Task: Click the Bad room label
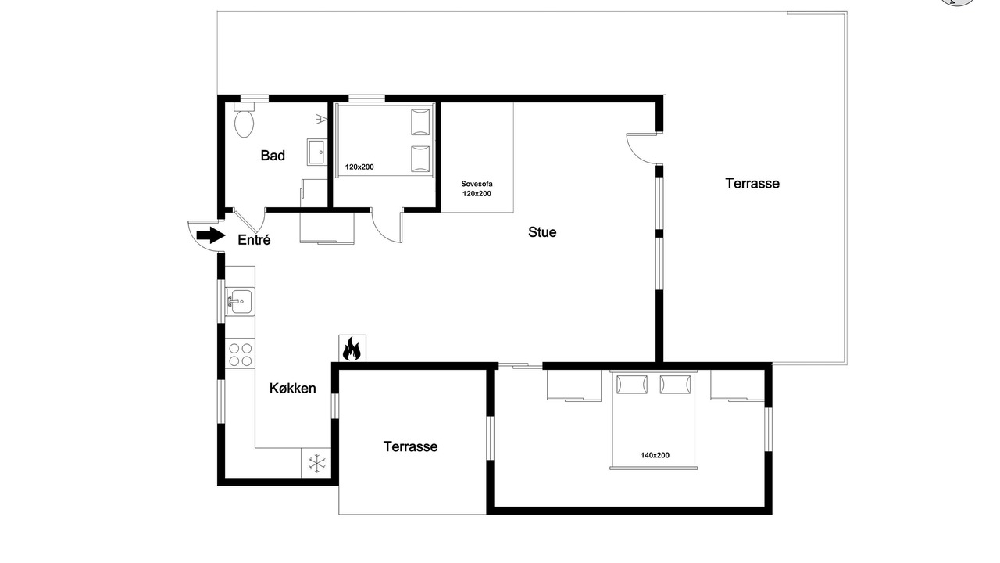pyautogui.click(x=273, y=156)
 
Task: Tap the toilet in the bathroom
pyautogui.click(x=244, y=120)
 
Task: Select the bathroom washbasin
pyautogui.click(x=317, y=152)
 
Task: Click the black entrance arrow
pyautogui.click(x=211, y=235)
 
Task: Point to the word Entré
pyautogui.click(x=254, y=240)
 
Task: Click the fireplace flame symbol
pyautogui.click(x=352, y=349)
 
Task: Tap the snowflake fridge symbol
pyautogui.click(x=316, y=464)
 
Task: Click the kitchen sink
pyautogui.click(x=240, y=302)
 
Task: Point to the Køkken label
pyautogui.click(x=292, y=389)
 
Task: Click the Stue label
pyautogui.click(x=542, y=232)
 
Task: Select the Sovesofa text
pyautogui.click(x=477, y=184)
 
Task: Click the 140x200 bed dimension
pyautogui.click(x=655, y=455)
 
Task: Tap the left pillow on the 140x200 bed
pyautogui.click(x=632, y=384)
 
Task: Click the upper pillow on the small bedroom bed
pyautogui.click(x=420, y=121)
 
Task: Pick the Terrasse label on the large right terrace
pyautogui.click(x=752, y=184)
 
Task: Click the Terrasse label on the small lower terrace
pyautogui.click(x=410, y=446)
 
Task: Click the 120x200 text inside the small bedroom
pyautogui.click(x=359, y=167)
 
